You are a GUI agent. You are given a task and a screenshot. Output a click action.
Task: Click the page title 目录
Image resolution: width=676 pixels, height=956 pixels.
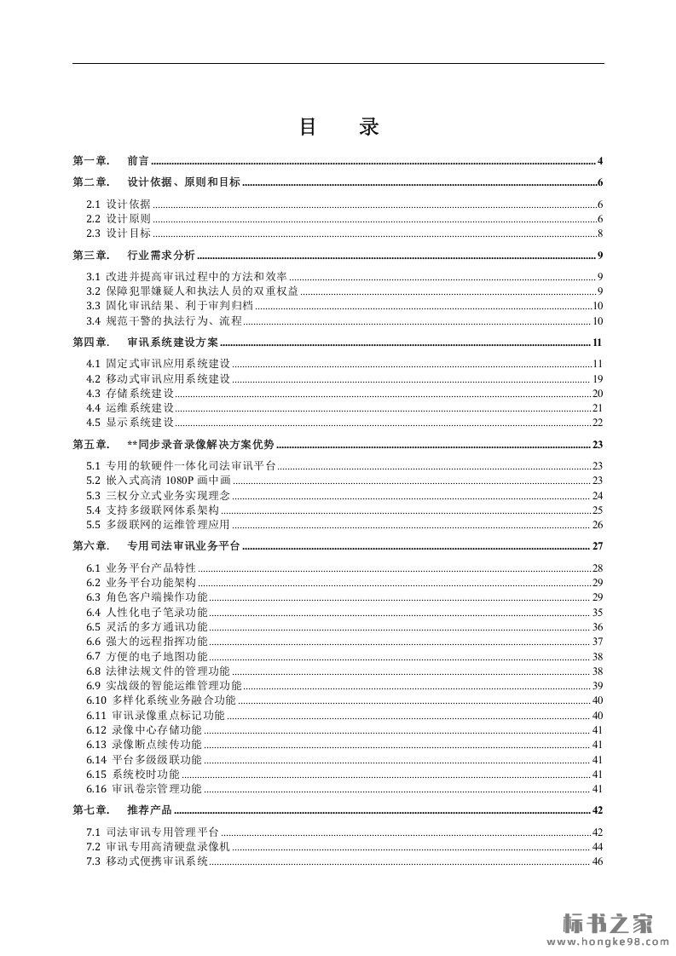point(338,128)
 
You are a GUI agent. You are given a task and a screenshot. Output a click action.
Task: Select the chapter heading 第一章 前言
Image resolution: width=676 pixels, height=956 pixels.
point(112,161)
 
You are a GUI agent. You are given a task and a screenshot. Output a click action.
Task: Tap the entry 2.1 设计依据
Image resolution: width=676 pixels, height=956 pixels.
point(118,204)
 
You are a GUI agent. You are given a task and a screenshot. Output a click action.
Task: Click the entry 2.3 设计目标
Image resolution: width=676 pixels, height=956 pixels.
point(118,233)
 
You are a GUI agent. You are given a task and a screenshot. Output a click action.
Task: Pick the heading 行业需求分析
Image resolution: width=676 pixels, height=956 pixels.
point(161,255)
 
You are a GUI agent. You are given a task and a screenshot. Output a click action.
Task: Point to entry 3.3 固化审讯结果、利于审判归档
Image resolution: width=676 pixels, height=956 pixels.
point(170,306)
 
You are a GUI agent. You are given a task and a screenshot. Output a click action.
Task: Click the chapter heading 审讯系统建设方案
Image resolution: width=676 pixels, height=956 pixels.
point(172,343)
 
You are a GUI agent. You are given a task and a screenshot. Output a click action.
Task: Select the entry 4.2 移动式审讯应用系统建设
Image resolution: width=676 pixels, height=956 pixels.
point(158,379)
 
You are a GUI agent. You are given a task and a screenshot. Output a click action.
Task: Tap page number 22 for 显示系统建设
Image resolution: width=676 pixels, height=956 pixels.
point(598,423)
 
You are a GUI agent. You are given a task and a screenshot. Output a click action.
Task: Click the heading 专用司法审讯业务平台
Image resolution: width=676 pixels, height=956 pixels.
point(183,546)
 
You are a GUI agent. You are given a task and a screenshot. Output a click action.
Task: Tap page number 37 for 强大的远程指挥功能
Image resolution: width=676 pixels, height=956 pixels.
point(598,642)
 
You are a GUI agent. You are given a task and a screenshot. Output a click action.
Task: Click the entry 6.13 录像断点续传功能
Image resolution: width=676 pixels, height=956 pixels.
point(144,745)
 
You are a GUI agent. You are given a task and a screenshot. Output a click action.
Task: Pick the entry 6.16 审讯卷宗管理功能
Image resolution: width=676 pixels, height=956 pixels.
point(144,789)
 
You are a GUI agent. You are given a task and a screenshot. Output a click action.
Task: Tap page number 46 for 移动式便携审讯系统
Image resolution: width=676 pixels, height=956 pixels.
point(598,861)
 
